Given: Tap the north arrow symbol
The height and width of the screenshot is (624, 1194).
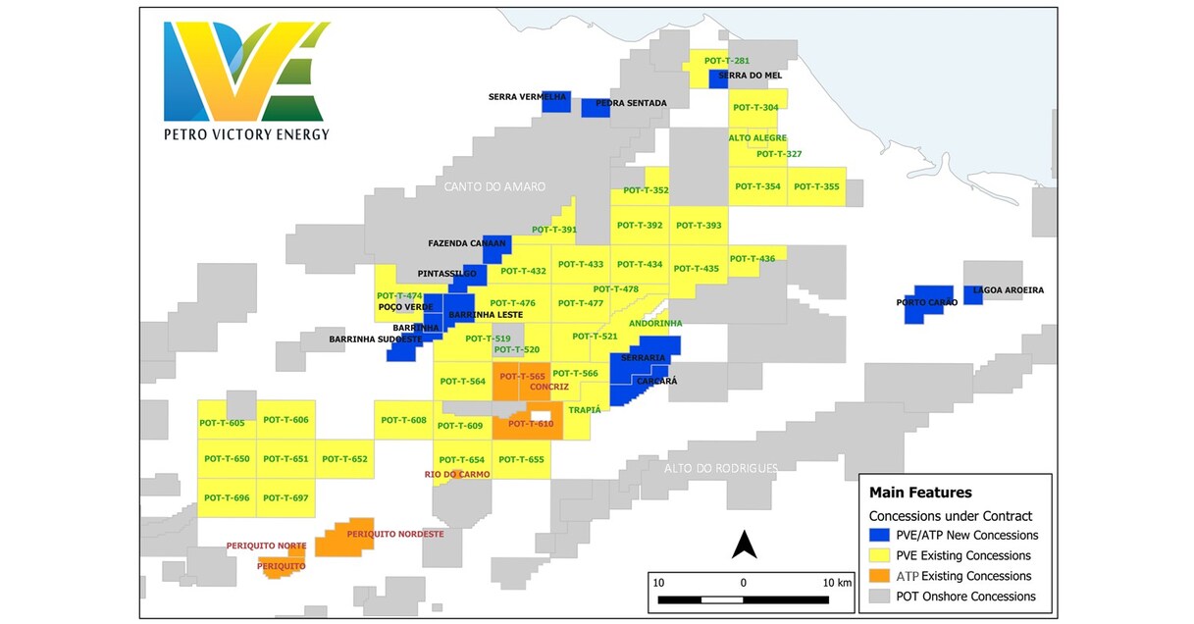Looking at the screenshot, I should click(744, 544).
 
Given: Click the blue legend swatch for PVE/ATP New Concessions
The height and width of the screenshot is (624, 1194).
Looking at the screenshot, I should click(880, 536).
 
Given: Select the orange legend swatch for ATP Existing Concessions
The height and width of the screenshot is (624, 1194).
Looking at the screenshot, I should click(880, 576).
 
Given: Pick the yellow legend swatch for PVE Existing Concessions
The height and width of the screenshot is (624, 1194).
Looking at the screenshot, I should click(880, 556).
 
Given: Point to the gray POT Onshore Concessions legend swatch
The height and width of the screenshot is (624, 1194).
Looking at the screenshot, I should click(880, 597).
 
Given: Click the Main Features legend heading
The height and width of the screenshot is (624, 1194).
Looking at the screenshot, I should click(920, 493).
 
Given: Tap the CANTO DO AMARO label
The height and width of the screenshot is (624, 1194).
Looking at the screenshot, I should click(493, 186).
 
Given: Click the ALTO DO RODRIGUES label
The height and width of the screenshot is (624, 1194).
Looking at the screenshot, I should click(720, 468).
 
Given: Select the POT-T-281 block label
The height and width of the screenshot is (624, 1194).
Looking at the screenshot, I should click(727, 61).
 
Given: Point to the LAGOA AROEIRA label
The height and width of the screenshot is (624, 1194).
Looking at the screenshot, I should click(1008, 290).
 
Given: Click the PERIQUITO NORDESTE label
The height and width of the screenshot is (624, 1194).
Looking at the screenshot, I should click(395, 534).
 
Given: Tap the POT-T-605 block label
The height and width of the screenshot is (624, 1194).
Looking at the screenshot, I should click(222, 423).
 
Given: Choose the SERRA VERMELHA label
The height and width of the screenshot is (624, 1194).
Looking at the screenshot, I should click(528, 97).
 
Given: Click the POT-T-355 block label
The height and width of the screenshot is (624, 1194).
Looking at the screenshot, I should click(816, 186).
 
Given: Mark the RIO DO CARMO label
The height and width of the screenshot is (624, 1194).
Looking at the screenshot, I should click(457, 475).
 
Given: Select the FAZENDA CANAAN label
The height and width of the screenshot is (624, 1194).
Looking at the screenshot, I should click(467, 243).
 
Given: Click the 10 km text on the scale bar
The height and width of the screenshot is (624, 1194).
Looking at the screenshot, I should click(837, 582).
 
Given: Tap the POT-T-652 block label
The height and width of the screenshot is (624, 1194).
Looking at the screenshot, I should click(344, 459).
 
